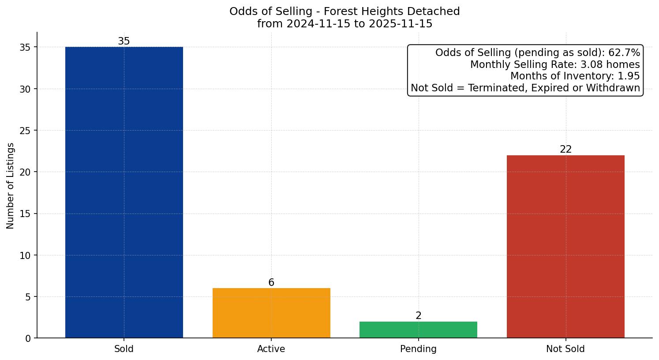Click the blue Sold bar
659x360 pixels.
(x=124, y=192)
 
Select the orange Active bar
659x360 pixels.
(x=271, y=313)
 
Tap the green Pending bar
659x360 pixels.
(x=418, y=330)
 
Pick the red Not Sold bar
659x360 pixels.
(x=565, y=247)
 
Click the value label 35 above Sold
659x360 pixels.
(x=124, y=41)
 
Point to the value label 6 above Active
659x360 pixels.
(x=271, y=283)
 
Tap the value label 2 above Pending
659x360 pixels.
(x=418, y=316)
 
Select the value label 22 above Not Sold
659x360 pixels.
(x=565, y=150)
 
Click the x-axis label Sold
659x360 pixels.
(x=124, y=349)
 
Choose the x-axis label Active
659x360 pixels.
(x=271, y=349)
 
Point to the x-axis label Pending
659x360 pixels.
(x=418, y=349)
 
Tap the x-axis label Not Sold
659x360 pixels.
(x=565, y=349)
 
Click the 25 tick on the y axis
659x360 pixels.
(x=26, y=131)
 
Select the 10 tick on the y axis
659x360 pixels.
(x=26, y=255)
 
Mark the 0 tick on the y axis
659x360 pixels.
(x=28, y=338)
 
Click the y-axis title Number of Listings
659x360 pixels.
(x=11, y=186)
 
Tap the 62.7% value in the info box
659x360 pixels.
(x=624, y=53)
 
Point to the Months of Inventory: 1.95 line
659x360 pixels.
(x=575, y=76)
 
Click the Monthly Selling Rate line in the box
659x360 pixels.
(x=555, y=65)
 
